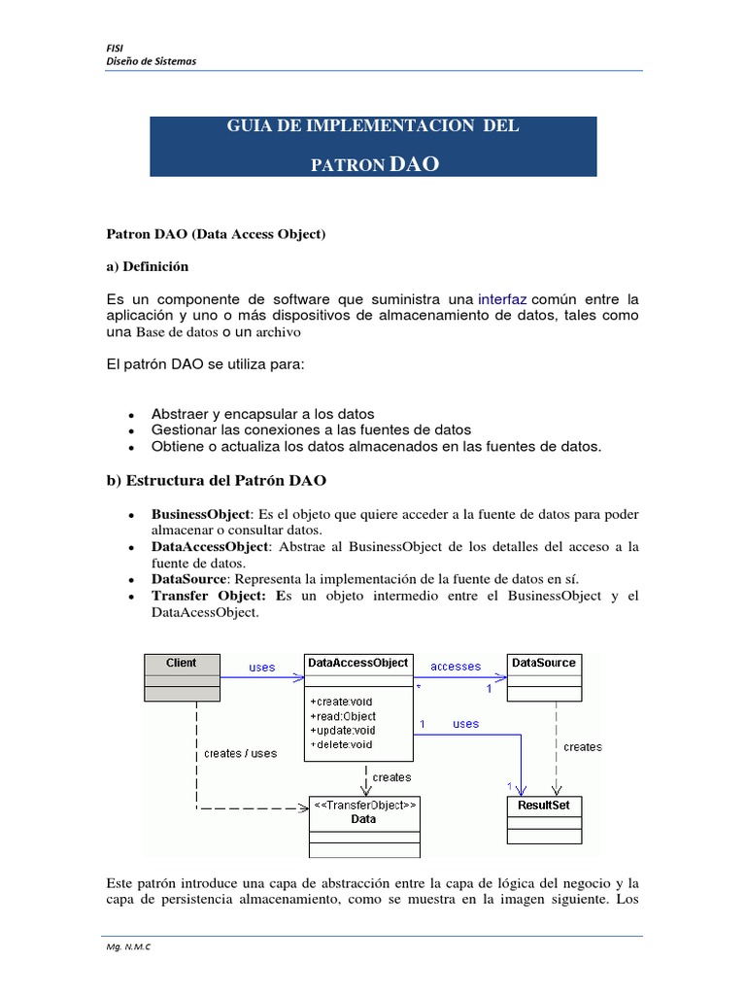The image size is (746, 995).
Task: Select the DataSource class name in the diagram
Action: (544, 663)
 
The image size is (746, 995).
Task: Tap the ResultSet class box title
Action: (544, 806)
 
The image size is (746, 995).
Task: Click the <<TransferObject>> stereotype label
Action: (364, 805)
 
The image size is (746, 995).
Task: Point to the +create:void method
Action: (341, 702)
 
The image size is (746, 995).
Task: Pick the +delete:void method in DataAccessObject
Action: (341, 745)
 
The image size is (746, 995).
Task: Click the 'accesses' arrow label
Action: (456, 667)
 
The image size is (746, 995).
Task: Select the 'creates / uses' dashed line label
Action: (240, 753)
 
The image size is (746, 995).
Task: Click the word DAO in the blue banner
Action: (414, 164)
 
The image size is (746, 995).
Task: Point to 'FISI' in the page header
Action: (113, 48)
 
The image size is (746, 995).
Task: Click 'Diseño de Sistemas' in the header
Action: (151, 61)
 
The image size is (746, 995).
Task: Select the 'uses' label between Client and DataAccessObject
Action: (262, 668)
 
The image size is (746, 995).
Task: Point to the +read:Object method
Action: (343, 716)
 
